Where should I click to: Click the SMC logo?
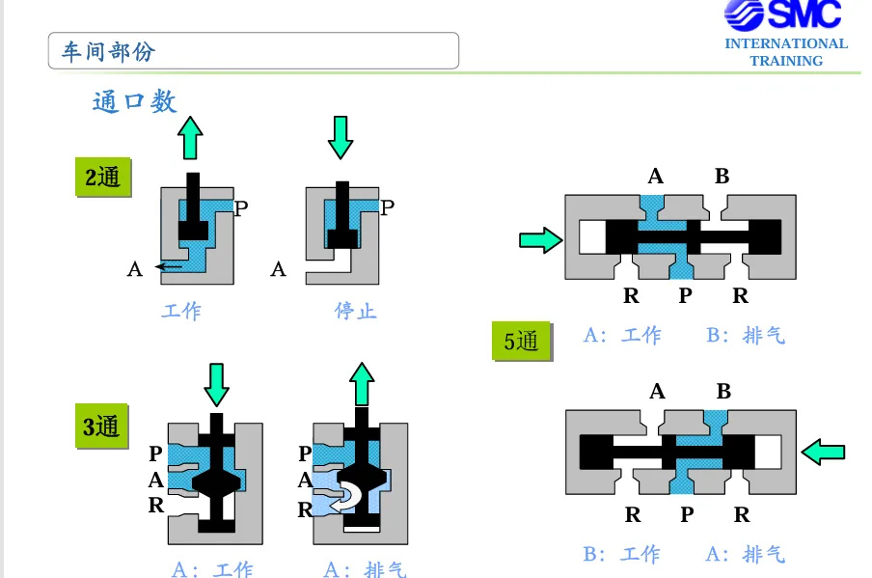point(783,14)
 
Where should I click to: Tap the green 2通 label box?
point(103,178)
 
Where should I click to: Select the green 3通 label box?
point(102,427)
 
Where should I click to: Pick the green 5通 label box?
point(522,341)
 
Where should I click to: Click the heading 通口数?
point(135,102)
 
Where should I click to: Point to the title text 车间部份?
point(108,52)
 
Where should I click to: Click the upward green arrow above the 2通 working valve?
point(190,137)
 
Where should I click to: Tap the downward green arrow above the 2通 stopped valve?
point(341,137)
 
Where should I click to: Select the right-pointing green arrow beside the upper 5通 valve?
point(540,240)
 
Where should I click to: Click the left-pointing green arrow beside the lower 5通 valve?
point(823,452)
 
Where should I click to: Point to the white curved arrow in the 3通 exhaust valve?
point(345,497)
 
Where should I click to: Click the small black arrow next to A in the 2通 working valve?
point(169,267)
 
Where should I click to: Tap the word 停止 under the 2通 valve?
point(356,311)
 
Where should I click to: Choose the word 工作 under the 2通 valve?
point(182,311)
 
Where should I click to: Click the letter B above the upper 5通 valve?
point(722,177)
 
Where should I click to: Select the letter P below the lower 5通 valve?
point(687,514)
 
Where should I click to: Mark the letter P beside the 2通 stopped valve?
point(388,207)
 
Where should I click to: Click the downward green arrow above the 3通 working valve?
point(216,385)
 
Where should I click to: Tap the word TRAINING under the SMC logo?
point(786,61)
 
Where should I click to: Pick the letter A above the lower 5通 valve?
point(657,392)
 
